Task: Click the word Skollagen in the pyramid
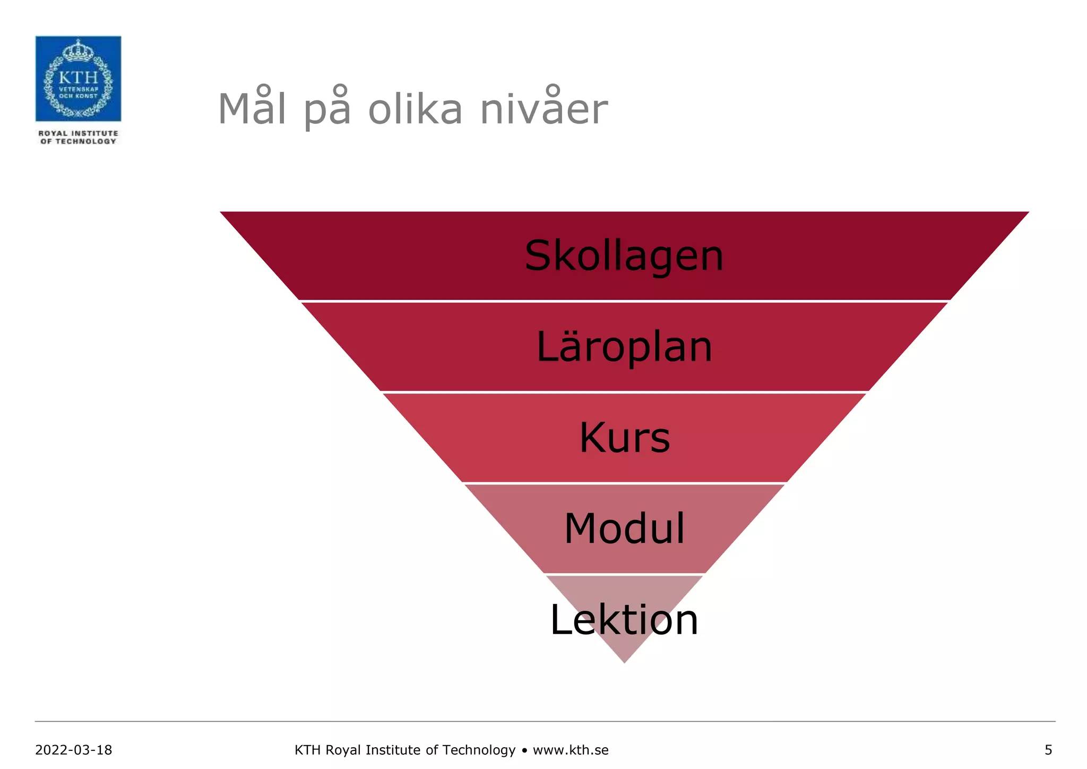pos(624,256)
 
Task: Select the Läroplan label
pos(624,347)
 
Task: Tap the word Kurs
pos(625,438)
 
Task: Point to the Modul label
pos(625,529)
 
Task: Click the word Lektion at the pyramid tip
pos(624,620)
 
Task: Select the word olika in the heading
pos(415,109)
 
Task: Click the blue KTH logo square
pos(79,79)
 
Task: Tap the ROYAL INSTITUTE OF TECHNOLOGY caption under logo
pos(79,137)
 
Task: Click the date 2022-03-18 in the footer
pos(74,750)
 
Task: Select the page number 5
pos(1048,750)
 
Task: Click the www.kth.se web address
pos(571,750)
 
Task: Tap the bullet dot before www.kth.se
pos(524,750)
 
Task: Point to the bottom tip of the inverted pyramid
pos(625,661)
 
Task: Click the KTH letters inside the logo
pos(79,78)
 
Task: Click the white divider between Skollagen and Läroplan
pos(624,301)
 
